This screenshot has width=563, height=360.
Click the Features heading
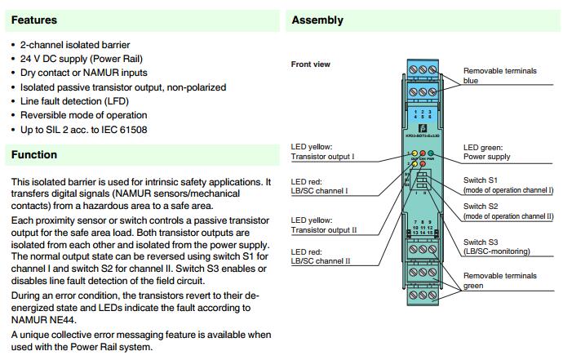click(x=34, y=20)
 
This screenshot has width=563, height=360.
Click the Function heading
click(x=34, y=154)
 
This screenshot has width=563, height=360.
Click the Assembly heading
click(x=317, y=20)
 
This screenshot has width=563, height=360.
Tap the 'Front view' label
click(x=311, y=64)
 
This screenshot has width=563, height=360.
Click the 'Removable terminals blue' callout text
click(x=499, y=76)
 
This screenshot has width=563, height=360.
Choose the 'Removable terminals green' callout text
click(x=500, y=281)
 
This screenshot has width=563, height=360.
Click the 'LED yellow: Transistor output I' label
click(x=323, y=151)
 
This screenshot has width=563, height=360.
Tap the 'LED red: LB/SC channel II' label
click(x=320, y=256)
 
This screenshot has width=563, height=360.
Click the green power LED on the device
click(x=431, y=153)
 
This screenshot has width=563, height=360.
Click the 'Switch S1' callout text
click(x=508, y=184)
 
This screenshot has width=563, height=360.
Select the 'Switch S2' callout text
click(x=508, y=211)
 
